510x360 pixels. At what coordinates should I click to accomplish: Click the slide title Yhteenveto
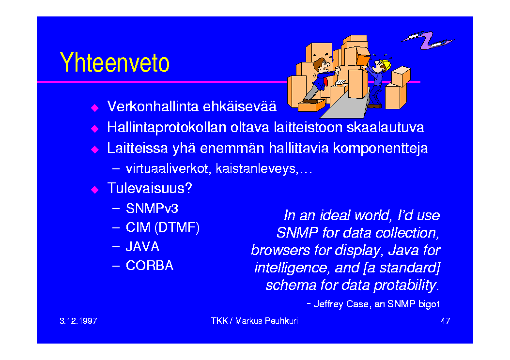[114, 62]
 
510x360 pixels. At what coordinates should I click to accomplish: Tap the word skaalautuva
[385, 127]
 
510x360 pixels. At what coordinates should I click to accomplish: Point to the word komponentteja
[380, 149]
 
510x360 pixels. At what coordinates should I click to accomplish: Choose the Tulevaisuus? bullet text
[150, 188]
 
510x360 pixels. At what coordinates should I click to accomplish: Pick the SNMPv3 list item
[152, 209]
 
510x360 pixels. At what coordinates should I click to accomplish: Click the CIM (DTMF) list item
[162, 227]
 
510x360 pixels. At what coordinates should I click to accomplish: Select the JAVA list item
[142, 247]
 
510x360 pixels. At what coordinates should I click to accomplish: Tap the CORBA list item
[150, 266]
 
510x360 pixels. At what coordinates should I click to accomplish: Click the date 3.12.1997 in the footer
[78, 321]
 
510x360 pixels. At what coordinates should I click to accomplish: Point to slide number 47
[445, 321]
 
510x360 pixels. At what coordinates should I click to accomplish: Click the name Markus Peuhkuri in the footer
[266, 321]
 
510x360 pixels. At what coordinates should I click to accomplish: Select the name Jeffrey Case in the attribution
[341, 304]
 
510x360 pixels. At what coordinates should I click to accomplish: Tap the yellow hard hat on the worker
[386, 64]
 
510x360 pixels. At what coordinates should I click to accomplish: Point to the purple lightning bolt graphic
[427, 40]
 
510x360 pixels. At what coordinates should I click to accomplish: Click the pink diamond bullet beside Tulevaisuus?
[94, 189]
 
